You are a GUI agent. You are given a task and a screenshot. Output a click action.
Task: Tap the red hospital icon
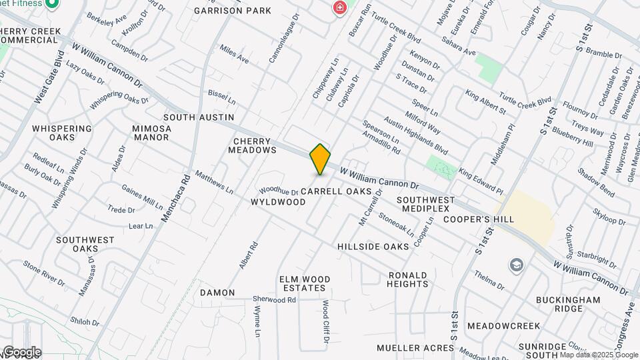(340, 8)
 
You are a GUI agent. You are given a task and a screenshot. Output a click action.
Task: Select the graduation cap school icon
(515, 265)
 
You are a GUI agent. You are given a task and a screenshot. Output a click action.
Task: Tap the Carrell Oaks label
(335, 191)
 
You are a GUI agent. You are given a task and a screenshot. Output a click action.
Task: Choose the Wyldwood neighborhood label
(278, 201)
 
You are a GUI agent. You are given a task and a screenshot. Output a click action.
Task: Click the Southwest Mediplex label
(425, 204)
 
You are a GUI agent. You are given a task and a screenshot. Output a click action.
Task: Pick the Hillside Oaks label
(373, 247)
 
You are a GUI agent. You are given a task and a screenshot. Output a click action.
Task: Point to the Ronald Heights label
(407, 279)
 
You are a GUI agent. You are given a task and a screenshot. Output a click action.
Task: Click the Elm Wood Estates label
(303, 283)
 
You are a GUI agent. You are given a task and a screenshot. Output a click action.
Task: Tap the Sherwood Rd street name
(274, 300)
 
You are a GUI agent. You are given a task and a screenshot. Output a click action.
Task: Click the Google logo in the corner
(21, 351)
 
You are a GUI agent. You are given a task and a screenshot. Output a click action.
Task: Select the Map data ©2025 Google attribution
(599, 355)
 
